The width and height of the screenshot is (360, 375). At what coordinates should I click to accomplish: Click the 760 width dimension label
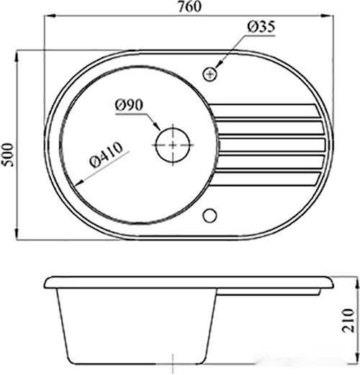pyautogui.click(x=189, y=6)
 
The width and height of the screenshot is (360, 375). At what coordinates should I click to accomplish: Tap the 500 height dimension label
pyautogui.click(x=8, y=155)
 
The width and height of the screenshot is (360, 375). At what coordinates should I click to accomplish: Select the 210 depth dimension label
pyautogui.click(x=348, y=321)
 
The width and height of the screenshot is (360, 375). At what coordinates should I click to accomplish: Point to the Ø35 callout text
pyautogui.click(x=261, y=27)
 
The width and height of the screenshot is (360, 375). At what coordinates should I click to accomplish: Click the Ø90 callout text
pyautogui.click(x=130, y=105)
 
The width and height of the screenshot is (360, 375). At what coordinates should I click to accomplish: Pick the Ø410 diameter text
pyautogui.click(x=107, y=155)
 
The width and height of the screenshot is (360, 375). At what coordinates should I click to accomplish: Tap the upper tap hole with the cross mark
pyautogui.click(x=210, y=74)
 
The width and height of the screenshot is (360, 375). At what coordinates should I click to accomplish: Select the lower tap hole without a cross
pyautogui.click(x=210, y=215)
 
